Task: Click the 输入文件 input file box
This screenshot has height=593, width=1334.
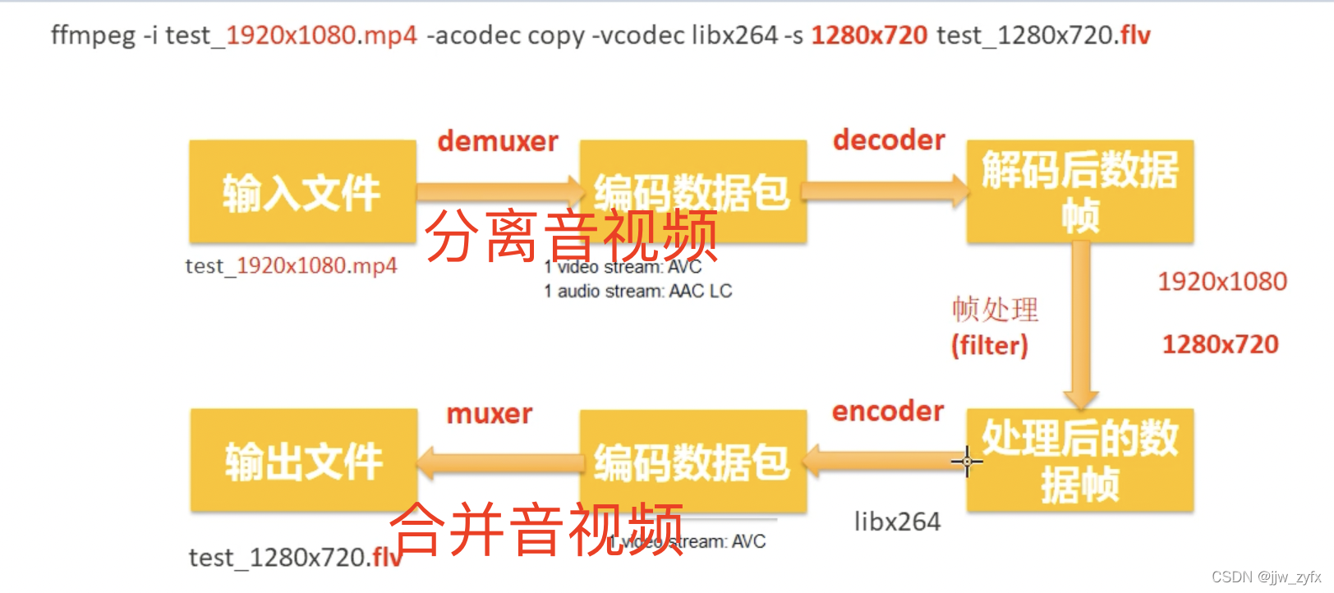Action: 301,192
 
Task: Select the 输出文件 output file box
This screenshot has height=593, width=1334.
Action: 303,461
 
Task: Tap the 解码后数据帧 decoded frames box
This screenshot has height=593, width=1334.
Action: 1079,192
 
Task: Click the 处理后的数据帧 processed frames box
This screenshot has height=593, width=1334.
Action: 1079,461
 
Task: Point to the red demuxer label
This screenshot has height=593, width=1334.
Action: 497,141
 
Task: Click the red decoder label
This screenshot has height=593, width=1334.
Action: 889,140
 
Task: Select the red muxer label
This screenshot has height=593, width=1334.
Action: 489,413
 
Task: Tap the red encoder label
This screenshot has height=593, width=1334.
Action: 888,411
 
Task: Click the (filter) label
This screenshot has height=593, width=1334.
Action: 989,345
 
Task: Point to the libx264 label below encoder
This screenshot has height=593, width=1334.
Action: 897,522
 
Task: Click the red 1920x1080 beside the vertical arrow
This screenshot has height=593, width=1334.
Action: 1221,282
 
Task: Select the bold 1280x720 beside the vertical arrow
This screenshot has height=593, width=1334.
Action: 1220,344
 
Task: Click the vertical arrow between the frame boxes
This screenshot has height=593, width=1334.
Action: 1081,329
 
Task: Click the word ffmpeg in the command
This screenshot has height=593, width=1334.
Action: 93,35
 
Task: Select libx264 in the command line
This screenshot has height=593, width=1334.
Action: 734,35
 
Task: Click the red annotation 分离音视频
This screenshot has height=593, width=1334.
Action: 571,236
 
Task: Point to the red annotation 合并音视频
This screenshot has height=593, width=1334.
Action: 536,530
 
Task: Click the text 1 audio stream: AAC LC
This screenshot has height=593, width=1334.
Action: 637,292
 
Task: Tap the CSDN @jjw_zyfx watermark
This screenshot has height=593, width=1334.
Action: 1266,577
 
